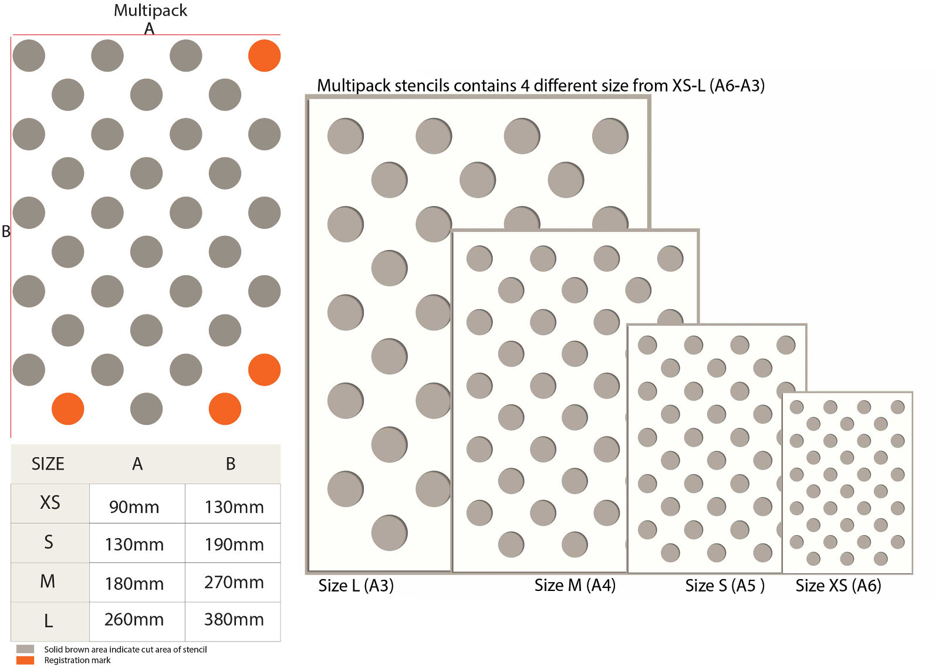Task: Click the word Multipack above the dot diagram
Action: click(x=150, y=11)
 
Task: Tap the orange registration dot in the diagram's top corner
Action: click(x=264, y=56)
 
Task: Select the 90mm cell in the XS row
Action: click(x=134, y=507)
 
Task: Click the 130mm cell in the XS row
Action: click(x=234, y=507)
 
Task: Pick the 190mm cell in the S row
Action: click(x=234, y=545)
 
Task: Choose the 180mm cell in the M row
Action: click(x=134, y=584)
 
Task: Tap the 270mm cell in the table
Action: click(x=234, y=583)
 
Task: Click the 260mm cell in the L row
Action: click(x=134, y=620)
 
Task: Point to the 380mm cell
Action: click(x=234, y=620)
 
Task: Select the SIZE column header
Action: click(x=48, y=464)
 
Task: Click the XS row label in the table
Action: click(x=50, y=503)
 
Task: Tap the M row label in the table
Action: click(x=48, y=582)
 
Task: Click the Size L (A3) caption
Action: click(x=356, y=586)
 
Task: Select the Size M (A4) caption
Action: click(x=575, y=586)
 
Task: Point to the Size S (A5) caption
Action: click(x=725, y=586)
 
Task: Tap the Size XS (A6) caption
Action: click(x=838, y=586)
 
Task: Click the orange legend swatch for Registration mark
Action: click(x=25, y=660)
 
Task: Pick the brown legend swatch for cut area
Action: click(x=25, y=649)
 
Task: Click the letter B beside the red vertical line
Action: click(x=6, y=232)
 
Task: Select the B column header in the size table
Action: click(x=231, y=464)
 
